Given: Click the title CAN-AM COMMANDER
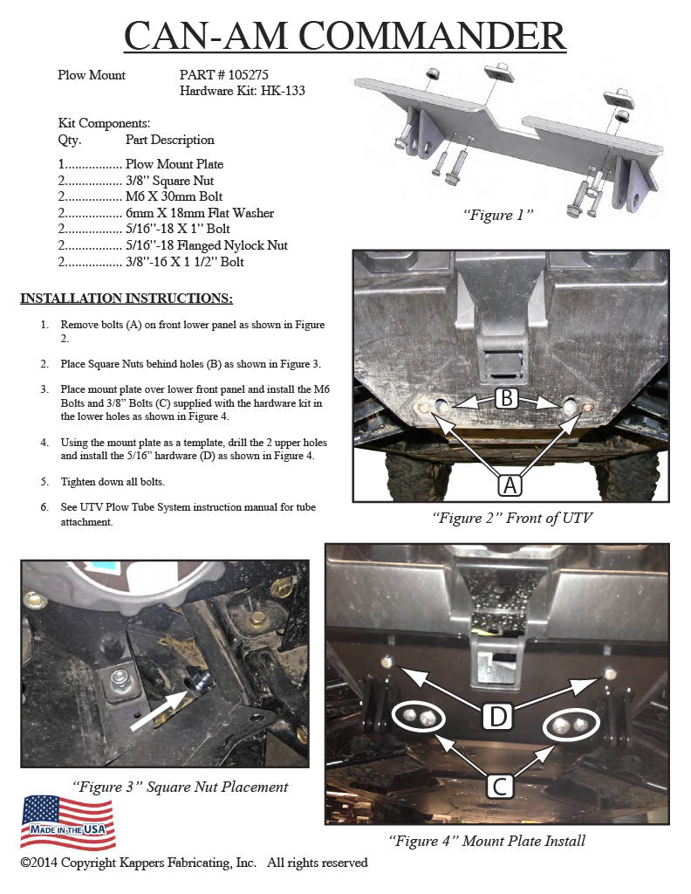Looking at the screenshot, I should pyautogui.click(x=345, y=36).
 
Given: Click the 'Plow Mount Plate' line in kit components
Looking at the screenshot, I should pyautogui.click(x=174, y=164).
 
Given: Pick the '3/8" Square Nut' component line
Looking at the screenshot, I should pyautogui.click(x=166, y=181).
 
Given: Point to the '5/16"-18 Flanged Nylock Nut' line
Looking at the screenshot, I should pyautogui.click(x=206, y=245).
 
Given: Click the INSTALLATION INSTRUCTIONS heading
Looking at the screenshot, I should pyautogui.click(x=127, y=299).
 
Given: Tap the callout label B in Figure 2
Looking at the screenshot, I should pyautogui.click(x=506, y=398).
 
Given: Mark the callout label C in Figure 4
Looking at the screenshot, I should pyautogui.click(x=500, y=786).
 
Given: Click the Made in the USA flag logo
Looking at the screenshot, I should pyautogui.click(x=68, y=822).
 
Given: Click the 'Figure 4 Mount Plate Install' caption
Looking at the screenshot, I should pyautogui.click(x=487, y=841).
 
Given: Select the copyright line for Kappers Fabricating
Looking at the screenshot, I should pyautogui.click(x=194, y=863).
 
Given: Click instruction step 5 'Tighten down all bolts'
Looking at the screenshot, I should pyautogui.click(x=114, y=482).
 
